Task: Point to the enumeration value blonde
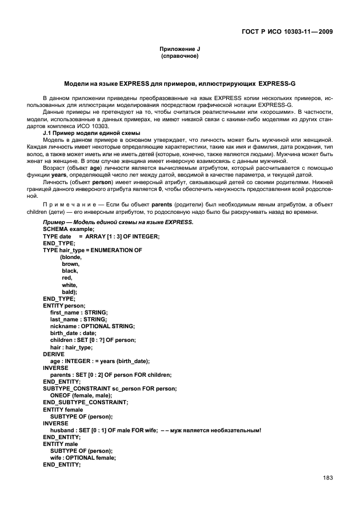pyautogui.click(x=71, y=257)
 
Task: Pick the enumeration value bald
pyautogui.click(x=70, y=292)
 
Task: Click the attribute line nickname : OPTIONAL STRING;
pyautogui.click(x=93, y=326)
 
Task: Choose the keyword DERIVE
pyautogui.click(x=54, y=353)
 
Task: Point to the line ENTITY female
pyautogui.click(x=63, y=409)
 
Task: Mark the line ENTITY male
pyautogui.click(x=61, y=444)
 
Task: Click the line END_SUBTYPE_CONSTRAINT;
pyautogui.click(x=86, y=402)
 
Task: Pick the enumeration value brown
pyautogui.click(x=71, y=264)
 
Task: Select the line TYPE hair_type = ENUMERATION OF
pyautogui.click(x=93, y=250)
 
